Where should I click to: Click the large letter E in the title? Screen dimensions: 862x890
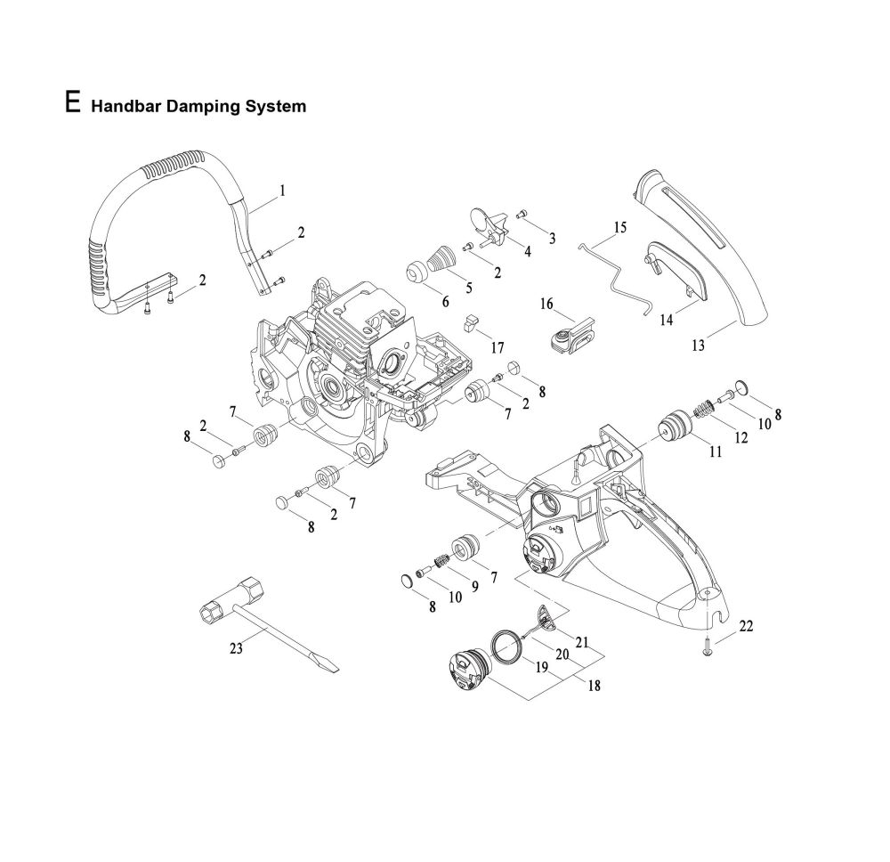coord(74,100)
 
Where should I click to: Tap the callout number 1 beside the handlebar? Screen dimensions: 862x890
coord(282,190)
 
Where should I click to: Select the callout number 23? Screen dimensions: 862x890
coord(235,649)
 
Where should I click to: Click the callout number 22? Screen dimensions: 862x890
coord(746,626)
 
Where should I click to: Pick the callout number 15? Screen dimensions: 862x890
coord(619,227)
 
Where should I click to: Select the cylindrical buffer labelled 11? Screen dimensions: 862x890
coord(674,429)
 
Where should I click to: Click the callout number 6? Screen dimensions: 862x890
coord(446,300)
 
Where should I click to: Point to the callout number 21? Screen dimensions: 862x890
coord(583,642)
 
